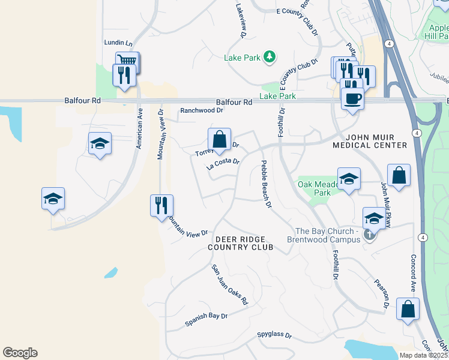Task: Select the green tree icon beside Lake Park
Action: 270,57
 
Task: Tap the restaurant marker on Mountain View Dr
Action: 161,206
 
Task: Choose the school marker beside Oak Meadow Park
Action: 349,179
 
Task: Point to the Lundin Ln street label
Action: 118,43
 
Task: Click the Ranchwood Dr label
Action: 202,110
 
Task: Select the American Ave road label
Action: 139,129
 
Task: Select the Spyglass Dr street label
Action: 274,336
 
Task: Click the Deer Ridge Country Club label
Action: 240,242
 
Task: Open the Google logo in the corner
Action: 20,353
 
